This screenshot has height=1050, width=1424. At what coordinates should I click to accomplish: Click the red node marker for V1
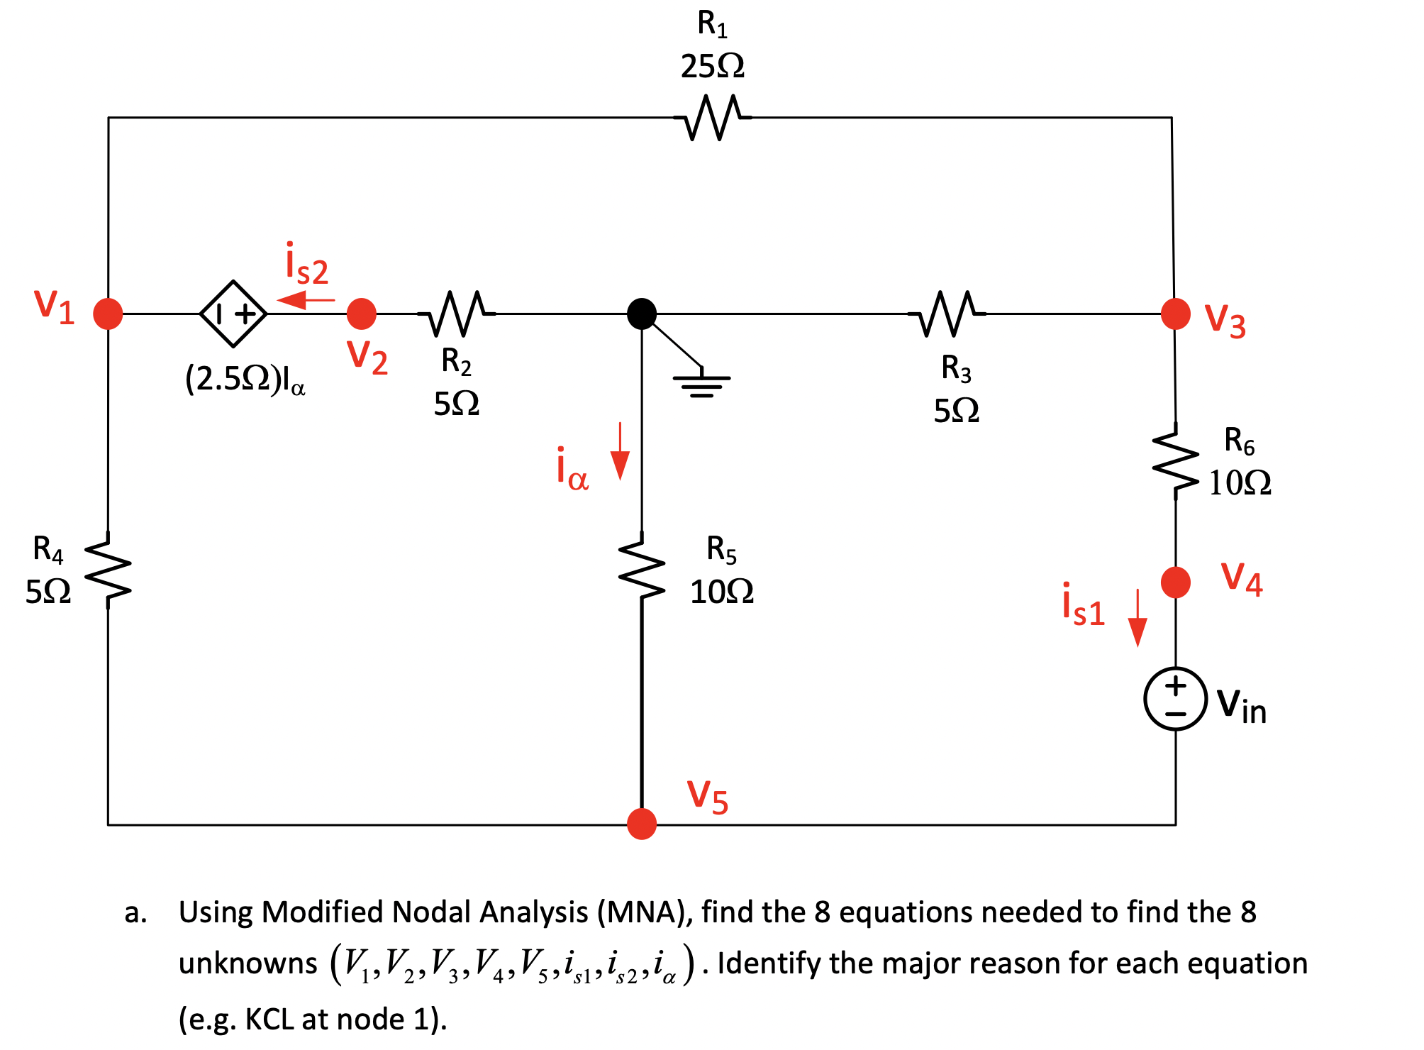click(108, 313)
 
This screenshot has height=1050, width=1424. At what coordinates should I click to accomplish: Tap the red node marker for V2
click(362, 313)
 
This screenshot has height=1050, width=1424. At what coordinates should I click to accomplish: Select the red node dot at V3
click(1175, 313)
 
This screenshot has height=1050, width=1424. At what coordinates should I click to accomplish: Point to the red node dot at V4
click(1175, 582)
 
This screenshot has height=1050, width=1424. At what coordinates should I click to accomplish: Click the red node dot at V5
click(642, 824)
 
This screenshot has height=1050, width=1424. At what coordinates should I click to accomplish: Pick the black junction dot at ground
click(642, 313)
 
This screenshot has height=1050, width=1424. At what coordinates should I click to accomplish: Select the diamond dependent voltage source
click(233, 313)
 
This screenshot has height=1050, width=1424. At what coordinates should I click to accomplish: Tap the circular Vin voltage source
click(1175, 699)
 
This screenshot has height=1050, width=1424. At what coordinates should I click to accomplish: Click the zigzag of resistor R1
click(712, 118)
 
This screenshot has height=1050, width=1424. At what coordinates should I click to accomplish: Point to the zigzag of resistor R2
click(456, 313)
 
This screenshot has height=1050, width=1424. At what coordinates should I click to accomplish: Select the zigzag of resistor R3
click(947, 313)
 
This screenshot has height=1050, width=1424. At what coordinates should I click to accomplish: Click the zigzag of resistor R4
click(108, 570)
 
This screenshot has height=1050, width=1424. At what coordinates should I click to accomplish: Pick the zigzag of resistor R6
click(1175, 461)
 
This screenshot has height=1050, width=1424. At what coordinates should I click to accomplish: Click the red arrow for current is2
click(306, 300)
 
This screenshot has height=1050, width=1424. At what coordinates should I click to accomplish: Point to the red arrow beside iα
click(620, 452)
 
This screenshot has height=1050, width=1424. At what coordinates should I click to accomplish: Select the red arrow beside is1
click(1137, 618)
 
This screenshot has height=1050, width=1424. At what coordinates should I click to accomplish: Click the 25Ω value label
click(712, 66)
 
